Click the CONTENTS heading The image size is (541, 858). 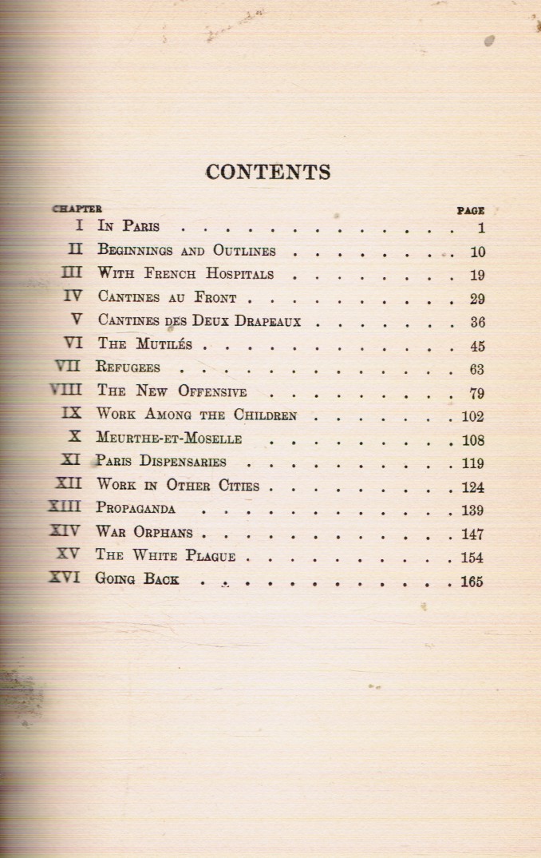click(x=268, y=173)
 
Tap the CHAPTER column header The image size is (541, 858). click(x=77, y=209)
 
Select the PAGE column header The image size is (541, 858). click(x=470, y=211)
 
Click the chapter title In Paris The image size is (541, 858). click(x=128, y=227)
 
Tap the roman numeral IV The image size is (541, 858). click(x=73, y=296)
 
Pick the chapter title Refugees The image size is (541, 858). click(x=128, y=368)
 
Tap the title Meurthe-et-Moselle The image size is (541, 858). click(x=168, y=439)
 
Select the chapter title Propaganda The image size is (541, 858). click(x=136, y=508)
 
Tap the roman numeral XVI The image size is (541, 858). click(x=65, y=578)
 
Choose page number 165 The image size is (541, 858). click(x=472, y=582)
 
